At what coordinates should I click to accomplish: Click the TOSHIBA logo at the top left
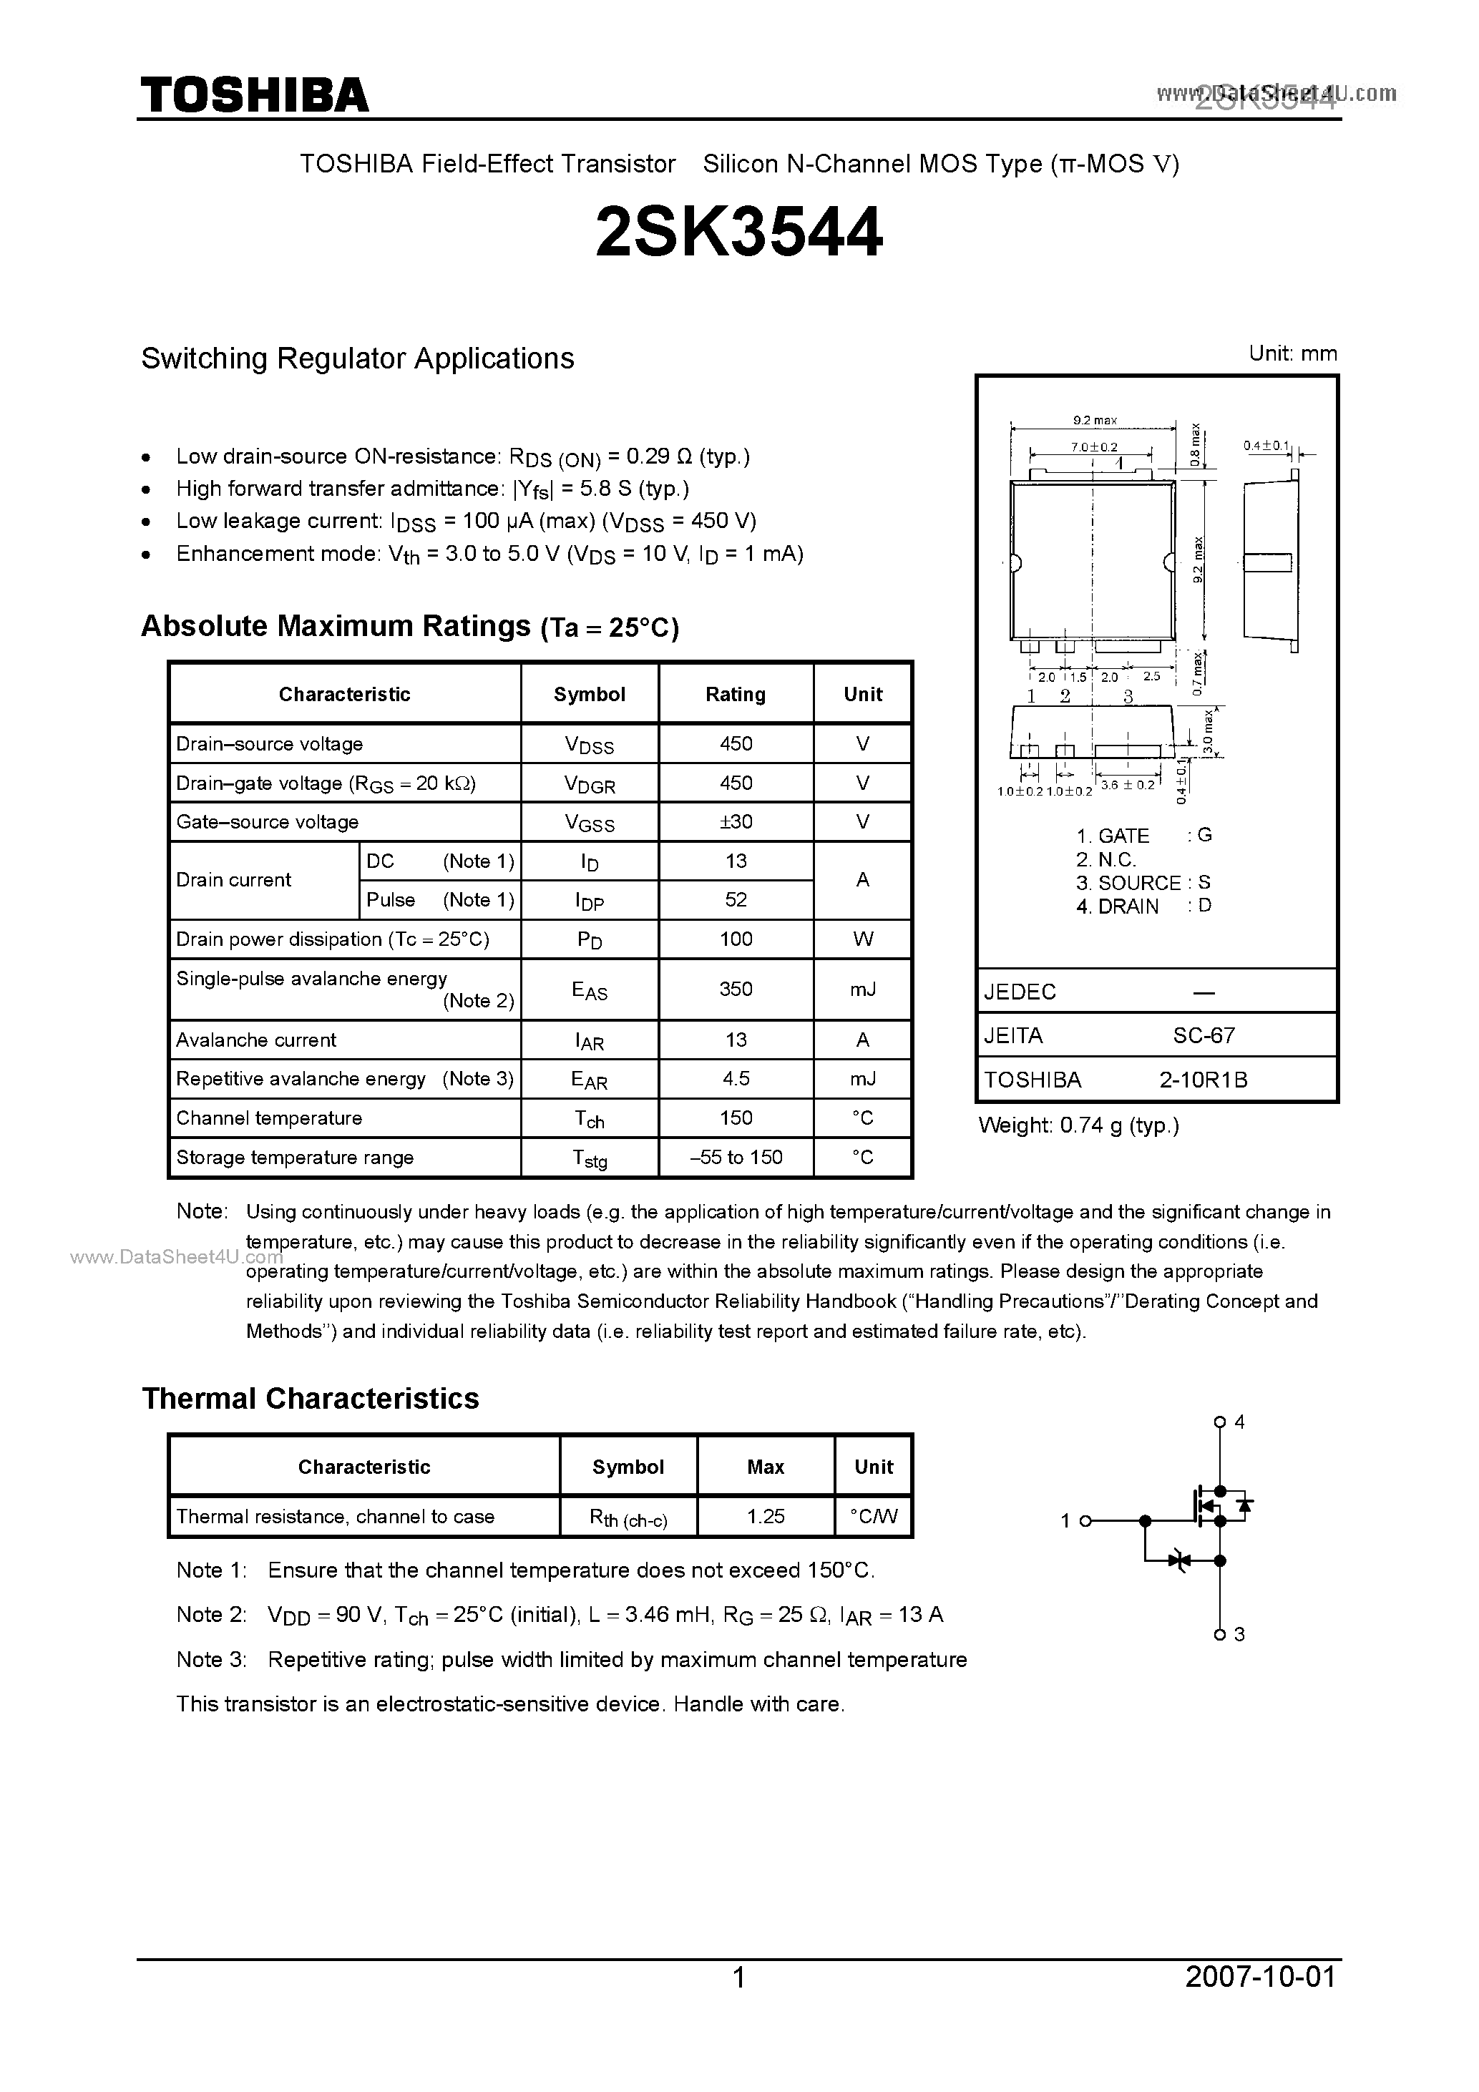click(x=254, y=94)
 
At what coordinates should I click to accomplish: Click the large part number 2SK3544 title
click(x=738, y=233)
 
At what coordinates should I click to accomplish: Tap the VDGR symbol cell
click(x=589, y=783)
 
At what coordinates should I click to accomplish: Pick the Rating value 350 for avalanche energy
click(x=736, y=989)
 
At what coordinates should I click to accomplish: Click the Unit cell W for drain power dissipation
click(x=863, y=939)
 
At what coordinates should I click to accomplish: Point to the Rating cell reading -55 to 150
click(x=736, y=1157)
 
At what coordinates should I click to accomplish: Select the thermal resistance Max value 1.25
click(x=766, y=1516)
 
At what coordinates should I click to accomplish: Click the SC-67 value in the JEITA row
click(x=1204, y=1035)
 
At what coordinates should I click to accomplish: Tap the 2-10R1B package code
click(x=1203, y=1080)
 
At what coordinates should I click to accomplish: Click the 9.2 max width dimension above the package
click(x=1095, y=420)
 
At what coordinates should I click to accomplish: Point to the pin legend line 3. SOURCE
click(x=1143, y=883)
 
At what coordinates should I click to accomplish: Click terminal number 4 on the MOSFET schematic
click(x=1239, y=1422)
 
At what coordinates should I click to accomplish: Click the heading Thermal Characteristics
click(x=310, y=1399)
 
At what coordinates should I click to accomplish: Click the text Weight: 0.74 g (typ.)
click(x=1078, y=1126)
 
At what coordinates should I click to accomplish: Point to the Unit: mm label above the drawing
click(x=1292, y=353)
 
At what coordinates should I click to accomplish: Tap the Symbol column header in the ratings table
click(x=589, y=694)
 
